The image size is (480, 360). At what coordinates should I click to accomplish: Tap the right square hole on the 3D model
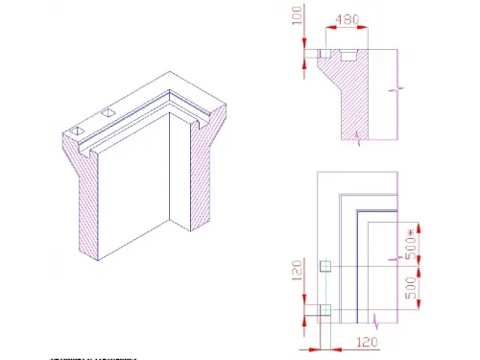point(108,114)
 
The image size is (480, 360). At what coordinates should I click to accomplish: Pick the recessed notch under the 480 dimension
point(346,56)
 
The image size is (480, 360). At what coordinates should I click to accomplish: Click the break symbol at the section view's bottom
point(359,139)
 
